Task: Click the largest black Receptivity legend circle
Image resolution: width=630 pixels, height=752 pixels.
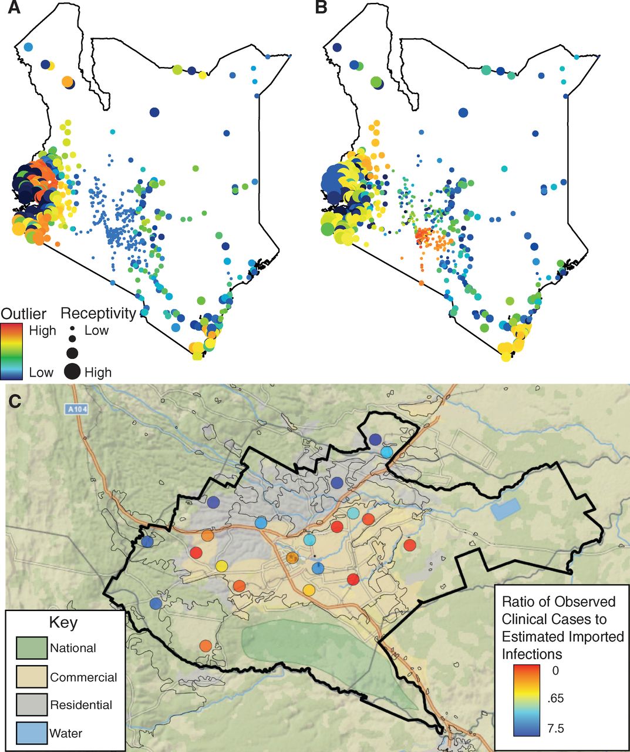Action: coord(72,371)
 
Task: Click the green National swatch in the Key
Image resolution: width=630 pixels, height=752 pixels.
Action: coord(31,649)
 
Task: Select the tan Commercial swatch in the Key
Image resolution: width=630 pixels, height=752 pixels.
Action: coord(31,677)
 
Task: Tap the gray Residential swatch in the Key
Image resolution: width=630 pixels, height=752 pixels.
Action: coord(31,704)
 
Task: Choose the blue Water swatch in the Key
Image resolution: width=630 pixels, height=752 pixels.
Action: coord(31,733)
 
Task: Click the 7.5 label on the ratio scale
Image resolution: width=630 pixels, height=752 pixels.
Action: coord(555,729)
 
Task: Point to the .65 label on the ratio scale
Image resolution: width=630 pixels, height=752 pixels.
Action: coord(555,699)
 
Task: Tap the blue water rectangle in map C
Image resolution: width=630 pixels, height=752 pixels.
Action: coord(506,509)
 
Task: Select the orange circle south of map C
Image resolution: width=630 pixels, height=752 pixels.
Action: coord(205,646)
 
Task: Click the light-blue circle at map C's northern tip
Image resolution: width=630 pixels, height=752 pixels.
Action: coord(386,452)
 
